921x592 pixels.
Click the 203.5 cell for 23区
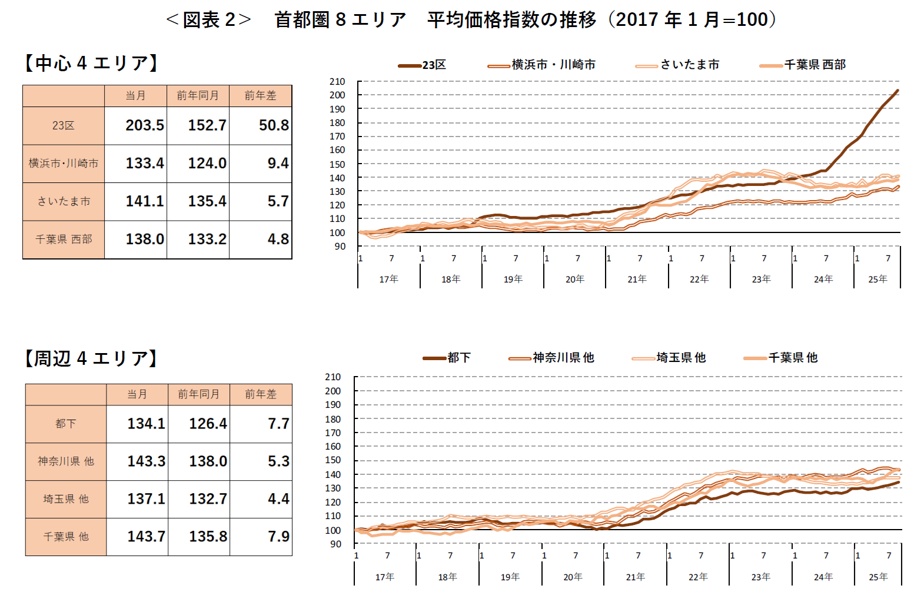coord(144,125)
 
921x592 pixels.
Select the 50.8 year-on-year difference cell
coord(274,125)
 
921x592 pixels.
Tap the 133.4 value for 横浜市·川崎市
coord(144,163)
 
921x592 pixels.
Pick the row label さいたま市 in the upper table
coord(64,201)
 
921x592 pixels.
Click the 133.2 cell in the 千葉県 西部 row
coord(207,239)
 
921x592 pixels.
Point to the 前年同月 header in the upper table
coord(198,95)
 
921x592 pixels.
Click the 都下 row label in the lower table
coord(65,424)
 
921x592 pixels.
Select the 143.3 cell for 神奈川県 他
coord(146,461)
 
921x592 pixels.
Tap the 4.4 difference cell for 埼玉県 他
coord(278,499)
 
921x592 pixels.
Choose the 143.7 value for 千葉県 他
coord(146,537)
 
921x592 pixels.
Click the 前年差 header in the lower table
coord(261,394)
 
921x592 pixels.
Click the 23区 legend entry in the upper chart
coord(423,65)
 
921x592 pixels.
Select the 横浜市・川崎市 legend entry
coord(542,65)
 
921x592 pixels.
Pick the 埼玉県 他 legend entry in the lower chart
coord(669,358)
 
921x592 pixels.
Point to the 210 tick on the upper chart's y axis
coord(337,82)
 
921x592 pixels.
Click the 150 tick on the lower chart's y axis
coord(333,460)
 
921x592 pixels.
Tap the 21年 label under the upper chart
coord(637,279)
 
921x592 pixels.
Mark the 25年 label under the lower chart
coord(878,577)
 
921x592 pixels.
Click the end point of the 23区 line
coord(897,91)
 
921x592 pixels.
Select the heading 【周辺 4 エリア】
coord(91,358)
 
